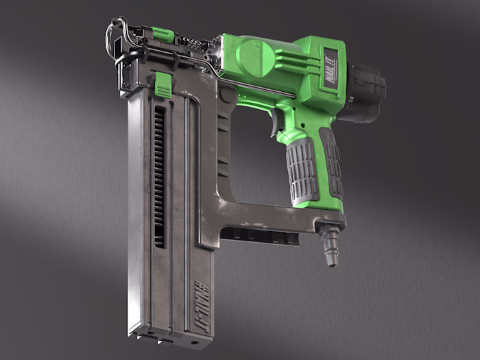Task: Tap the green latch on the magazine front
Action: pyautogui.click(x=163, y=85)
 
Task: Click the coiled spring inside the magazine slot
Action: pyautogui.click(x=158, y=178)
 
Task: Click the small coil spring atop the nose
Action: pyautogui.click(x=193, y=43)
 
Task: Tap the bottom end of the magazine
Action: pyautogui.click(x=171, y=337)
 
